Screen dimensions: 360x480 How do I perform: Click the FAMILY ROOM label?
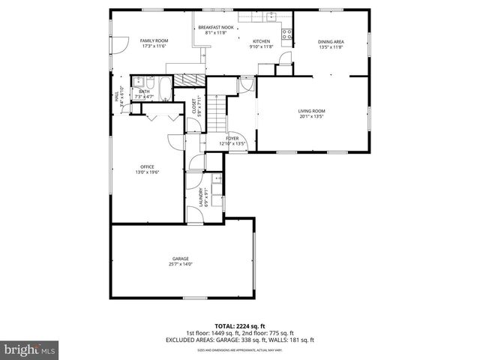154,40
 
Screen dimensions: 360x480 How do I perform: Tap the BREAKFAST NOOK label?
216,28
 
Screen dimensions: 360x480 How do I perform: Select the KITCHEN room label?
260,40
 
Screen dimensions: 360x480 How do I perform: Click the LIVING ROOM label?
311,111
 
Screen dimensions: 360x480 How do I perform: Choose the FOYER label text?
232,138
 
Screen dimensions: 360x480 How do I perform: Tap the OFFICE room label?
147,166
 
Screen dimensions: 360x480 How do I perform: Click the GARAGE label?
180,259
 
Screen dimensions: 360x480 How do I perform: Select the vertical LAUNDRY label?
201,196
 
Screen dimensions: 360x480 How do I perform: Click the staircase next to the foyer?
217,111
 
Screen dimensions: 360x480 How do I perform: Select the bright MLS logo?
30,349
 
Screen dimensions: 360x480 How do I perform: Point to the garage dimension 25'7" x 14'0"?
180,264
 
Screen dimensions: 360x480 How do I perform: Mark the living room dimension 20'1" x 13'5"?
311,116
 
